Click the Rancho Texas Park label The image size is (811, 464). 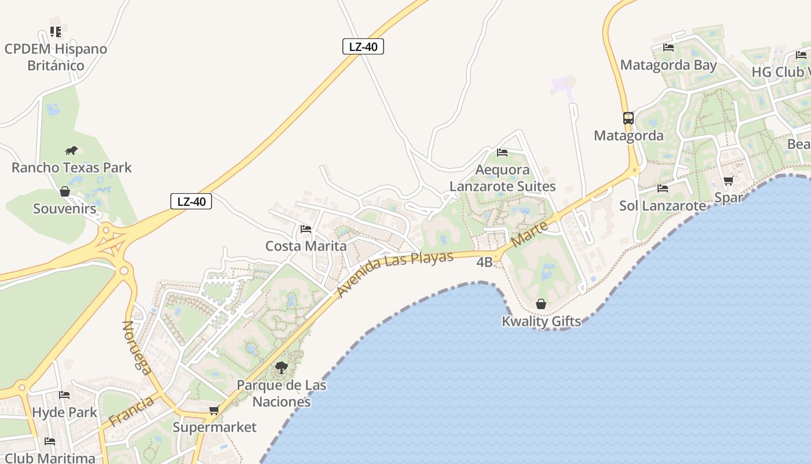pyautogui.click(x=72, y=168)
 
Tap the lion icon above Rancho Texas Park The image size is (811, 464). pyautogui.click(x=71, y=151)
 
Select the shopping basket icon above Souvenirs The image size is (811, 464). pyautogui.click(x=65, y=191)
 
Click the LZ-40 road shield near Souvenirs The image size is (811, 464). pyautogui.click(x=191, y=202)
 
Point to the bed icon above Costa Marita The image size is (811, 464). pyautogui.click(x=306, y=229)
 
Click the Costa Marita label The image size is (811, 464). pyautogui.click(x=306, y=246)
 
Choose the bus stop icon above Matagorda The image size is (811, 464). pyautogui.click(x=629, y=118)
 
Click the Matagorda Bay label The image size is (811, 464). pyautogui.click(x=668, y=65)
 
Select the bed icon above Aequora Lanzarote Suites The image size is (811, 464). pyautogui.click(x=502, y=153)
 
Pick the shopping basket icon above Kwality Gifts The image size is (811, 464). pyautogui.click(x=540, y=304)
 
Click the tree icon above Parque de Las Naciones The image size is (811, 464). pyautogui.click(x=282, y=368)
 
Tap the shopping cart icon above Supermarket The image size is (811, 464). pyautogui.click(x=214, y=411)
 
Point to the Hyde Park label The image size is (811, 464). pyautogui.click(x=64, y=412)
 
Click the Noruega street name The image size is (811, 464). pyautogui.click(x=137, y=347)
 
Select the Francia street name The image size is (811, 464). pyautogui.click(x=132, y=411)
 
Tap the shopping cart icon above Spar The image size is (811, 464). pyautogui.click(x=728, y=181)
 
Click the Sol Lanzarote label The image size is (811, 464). pyautogui.click(x=663, y=205)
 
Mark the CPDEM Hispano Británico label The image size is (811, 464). pyautogui.click(x=56, y=57)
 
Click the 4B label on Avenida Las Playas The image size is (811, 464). pyautogui.click(x=484, y=262)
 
